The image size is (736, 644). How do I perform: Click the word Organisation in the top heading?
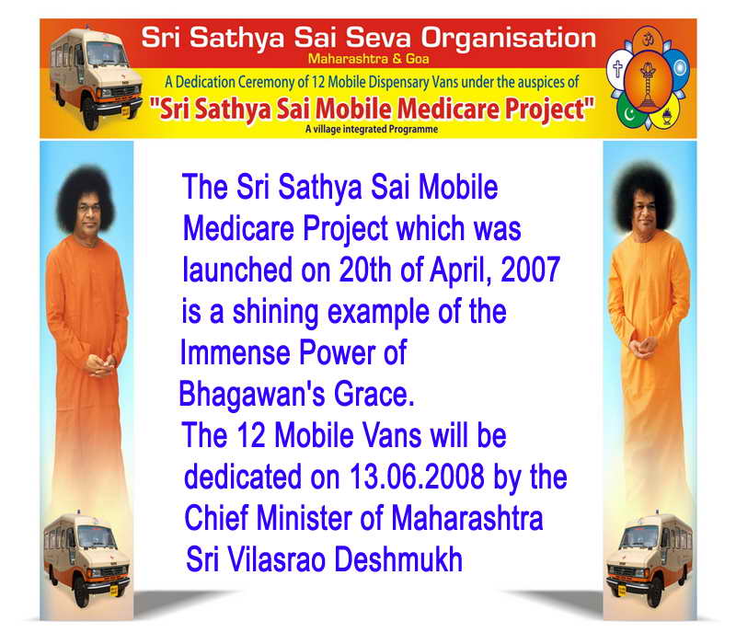point(509,40)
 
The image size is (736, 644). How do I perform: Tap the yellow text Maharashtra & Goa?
point(369,59)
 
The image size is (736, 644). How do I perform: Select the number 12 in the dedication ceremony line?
point(318,82)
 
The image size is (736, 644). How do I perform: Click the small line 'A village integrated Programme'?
point(372,129)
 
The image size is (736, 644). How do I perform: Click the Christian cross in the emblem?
point(617,68)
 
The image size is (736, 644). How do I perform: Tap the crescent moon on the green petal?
point(628,114)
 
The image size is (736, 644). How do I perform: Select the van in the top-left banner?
point(96,78)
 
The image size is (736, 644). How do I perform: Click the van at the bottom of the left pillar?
point(86,558)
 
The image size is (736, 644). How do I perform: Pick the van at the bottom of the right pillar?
point(650,558)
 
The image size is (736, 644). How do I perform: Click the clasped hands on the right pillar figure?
point(643,348)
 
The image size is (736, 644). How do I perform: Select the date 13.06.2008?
point(417,477)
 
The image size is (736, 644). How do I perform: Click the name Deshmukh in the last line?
point(398,559)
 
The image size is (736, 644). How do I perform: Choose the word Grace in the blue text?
point(374,395)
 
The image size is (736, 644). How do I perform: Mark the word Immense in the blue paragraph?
point(235,353)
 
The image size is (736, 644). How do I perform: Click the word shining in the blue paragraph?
point(275,313)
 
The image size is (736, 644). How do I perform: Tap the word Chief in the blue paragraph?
point(216,518)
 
